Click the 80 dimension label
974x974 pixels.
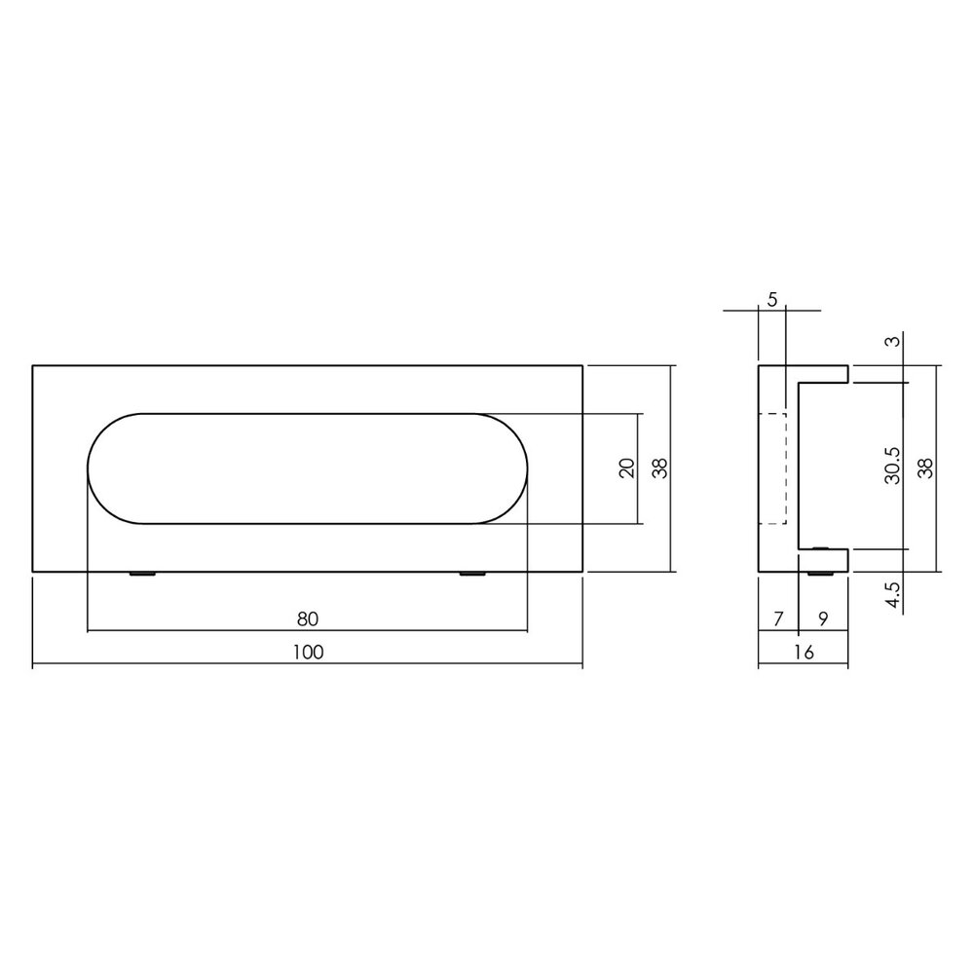tap(308, 618)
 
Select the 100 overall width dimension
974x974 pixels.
tap(308, 653)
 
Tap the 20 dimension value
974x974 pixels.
tap(627, 468)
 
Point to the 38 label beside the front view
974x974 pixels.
tap(660, 468)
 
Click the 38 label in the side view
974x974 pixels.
tap(925, 468)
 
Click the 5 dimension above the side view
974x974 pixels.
tap(771, 300)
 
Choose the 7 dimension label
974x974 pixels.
tap(777, 618)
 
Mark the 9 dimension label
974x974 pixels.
tap(823, 618)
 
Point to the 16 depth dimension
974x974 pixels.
tap(803, 653)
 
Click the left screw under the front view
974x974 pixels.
tap(142, 575)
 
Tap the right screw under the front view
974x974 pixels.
tap(472, 575)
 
